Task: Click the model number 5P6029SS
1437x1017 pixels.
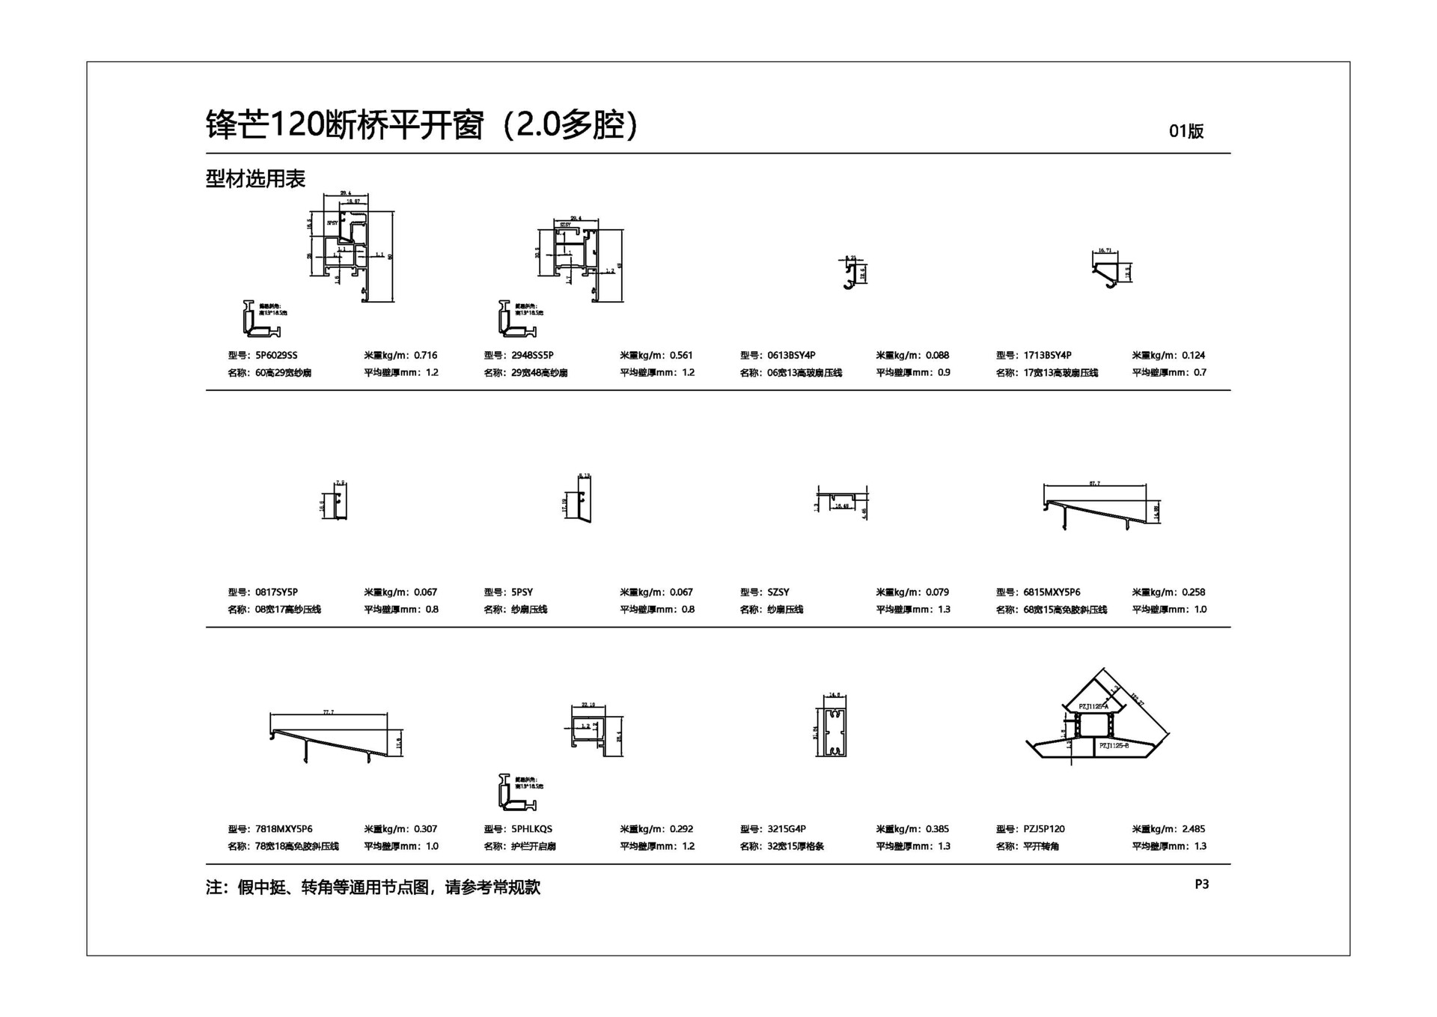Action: point(276,355)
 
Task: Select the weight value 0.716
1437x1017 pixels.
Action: point(425,355)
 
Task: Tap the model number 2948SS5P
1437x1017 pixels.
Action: point(532,355)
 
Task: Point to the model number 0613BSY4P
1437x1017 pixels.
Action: point(791,355)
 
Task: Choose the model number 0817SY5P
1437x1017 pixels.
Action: point(276,592)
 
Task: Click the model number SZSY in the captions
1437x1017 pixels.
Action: point(778,592)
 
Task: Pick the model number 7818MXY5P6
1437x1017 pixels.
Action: point(284,829)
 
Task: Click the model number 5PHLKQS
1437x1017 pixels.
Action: point(531,829)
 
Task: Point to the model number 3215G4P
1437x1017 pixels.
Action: point(787,829)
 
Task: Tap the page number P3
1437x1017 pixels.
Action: point(1201,884)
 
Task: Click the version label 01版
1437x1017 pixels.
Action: point(1186,131)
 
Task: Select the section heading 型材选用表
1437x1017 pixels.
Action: point(255,179)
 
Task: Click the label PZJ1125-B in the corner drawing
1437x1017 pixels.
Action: point(1114,746)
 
